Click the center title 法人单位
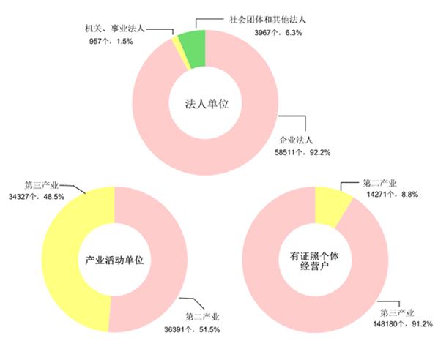point(207,104)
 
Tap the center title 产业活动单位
point(114,260)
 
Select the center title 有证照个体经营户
point(314,261)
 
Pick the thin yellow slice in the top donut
point(182,53)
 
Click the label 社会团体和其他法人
point(267,20)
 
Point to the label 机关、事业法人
point(115,29)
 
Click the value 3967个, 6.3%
point(278,33)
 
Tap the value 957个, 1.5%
point(111,41)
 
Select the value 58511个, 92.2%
point(302,152)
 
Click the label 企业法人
point(296,140)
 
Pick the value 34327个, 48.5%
point(37,197)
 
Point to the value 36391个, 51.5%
point(192,329)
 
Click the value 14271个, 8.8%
point(393,194)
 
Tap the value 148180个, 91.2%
point(403,324)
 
